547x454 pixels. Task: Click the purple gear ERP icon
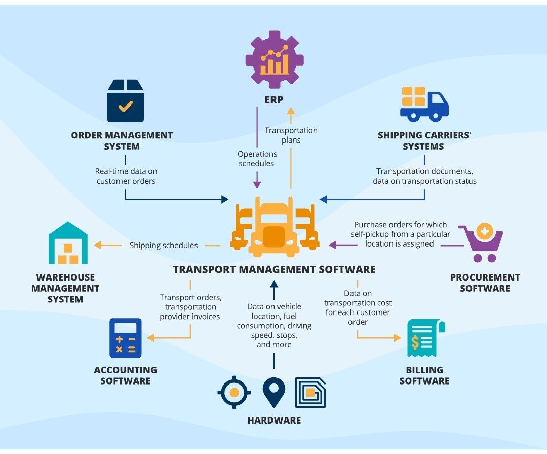pyautogui.click(x=275, y=59)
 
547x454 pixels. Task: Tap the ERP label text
pyautogui.click(x=274, y=100)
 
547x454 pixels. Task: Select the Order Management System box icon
pyautogui.click(x=125, y=101)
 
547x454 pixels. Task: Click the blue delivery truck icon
pyautogui.click(x=424, y=104)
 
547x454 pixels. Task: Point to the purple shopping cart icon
pyautogui.click(x=482, y=242)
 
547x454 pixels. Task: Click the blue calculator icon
pyautogui.click(x=126, y=338)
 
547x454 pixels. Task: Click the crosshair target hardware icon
pyautogui.click(x=234, y=393)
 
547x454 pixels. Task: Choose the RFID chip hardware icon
pyautogui.click(x=310, y=393)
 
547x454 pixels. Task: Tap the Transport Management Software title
pyautogui.click(x=274, y=269)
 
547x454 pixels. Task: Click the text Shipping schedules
pyautogui.click(x=164, y=246)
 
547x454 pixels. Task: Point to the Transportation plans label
pyautogui.click(x=291, y=135)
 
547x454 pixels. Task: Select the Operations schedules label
pyautogui.click(x=257, y=158)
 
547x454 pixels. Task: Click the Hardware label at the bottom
pyautogui.click(x=274, y=420)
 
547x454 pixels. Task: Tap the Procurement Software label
pyautogui.click(x=485, y=283)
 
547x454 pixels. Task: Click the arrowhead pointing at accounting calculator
pyautogui.click(x=150, y=338)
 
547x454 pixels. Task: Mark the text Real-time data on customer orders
pyautogui.click(x=126, y=176)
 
